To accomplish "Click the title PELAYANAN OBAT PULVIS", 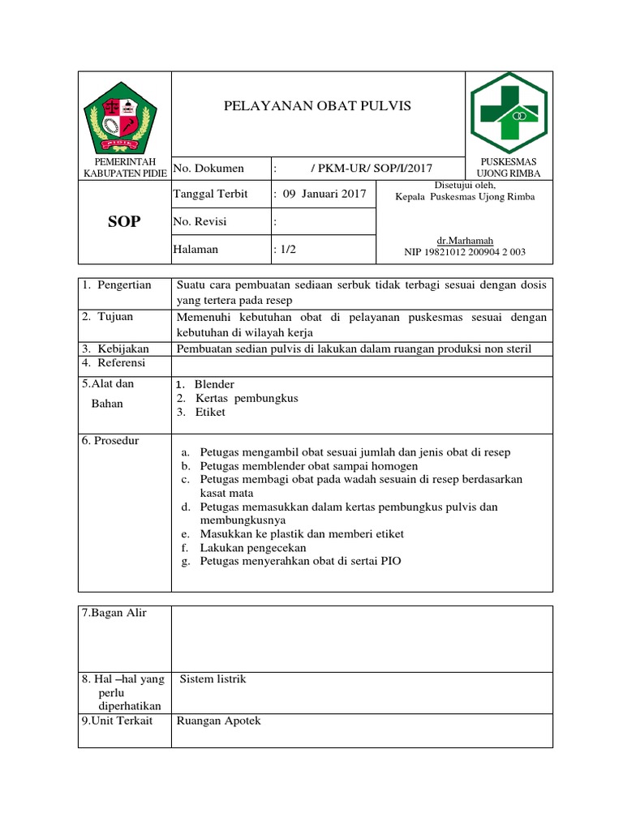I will coord(317,106).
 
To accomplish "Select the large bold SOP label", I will coord(124,223).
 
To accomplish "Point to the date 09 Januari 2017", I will coord(323,194).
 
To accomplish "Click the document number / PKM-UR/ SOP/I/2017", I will coord(372,168).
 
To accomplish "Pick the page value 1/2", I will coord(286,250).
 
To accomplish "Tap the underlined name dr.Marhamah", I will coord(465,241).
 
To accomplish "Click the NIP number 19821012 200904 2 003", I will coord(465,252).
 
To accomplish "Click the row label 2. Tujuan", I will coord(107,316).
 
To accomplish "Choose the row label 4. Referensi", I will coord(113,363).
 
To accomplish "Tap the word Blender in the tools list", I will coord(214,384).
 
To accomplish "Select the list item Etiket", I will coord(210,412).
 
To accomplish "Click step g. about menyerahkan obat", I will coord(300,561).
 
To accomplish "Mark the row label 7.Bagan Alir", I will coord(114,613).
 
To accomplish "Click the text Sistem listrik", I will coord(213,679).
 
